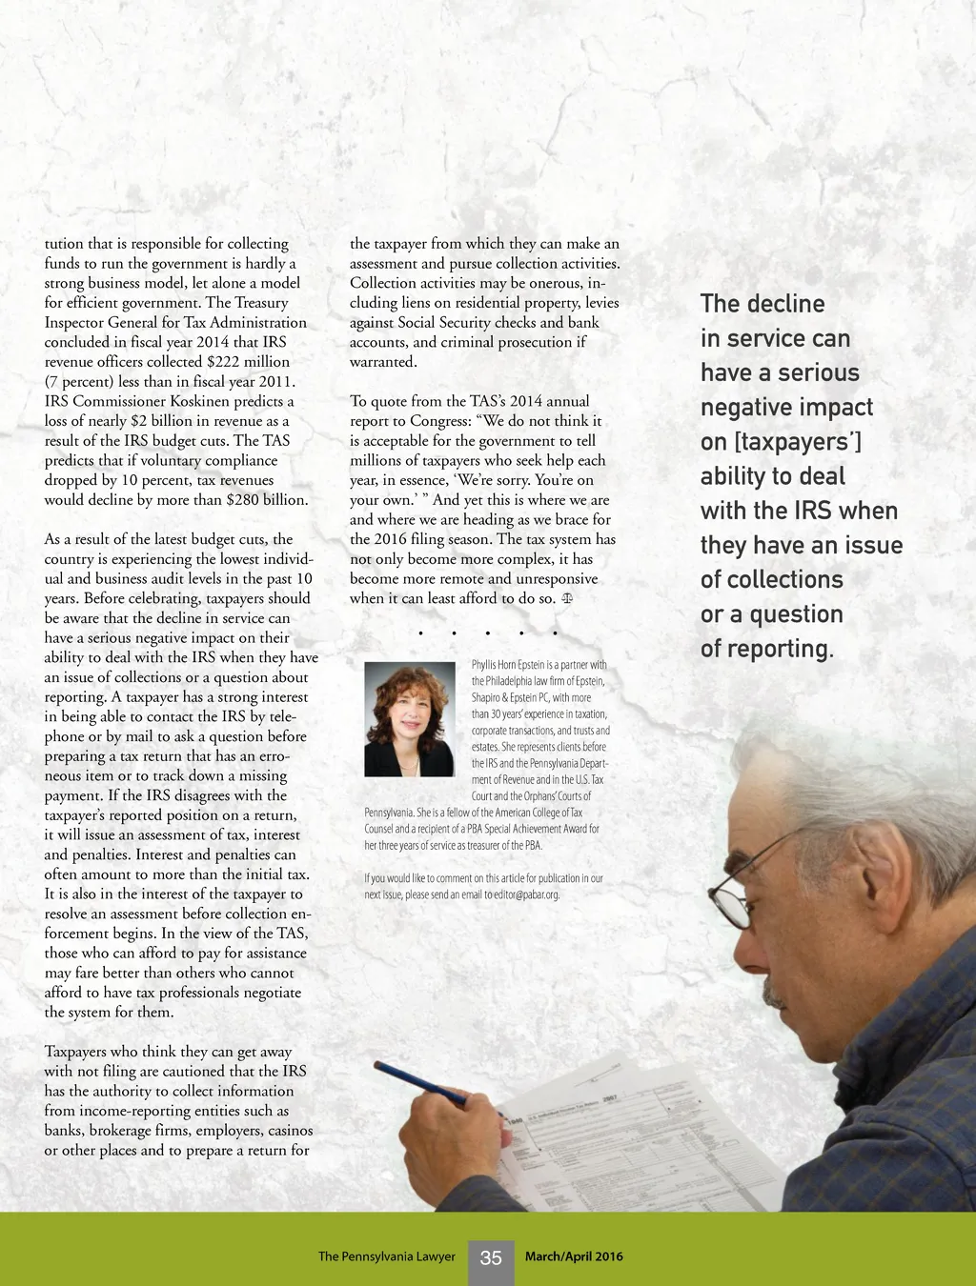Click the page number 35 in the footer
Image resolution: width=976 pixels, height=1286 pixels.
(491, 1258)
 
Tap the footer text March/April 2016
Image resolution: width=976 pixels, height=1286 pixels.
(574, 1256)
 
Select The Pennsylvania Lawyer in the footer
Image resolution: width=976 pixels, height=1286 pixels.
(387, 1256)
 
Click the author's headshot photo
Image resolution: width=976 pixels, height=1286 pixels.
(410, 719)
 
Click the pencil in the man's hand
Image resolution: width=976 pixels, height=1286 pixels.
(419, 1086)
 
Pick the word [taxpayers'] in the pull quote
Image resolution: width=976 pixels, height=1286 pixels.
(793, 442)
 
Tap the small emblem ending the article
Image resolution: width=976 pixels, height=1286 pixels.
(567, 599)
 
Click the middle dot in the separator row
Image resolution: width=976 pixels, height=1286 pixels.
(487, 633)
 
